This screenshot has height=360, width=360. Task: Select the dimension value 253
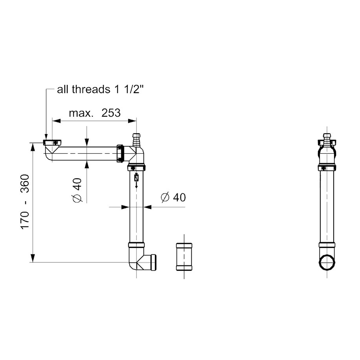click(x=110, y=113)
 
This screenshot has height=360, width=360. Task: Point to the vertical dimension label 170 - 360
click(x=25, y=202)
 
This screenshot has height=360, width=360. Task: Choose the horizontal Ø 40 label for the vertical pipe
click(x=173, y=197)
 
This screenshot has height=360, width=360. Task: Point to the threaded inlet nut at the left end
click(x=52, y=142)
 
